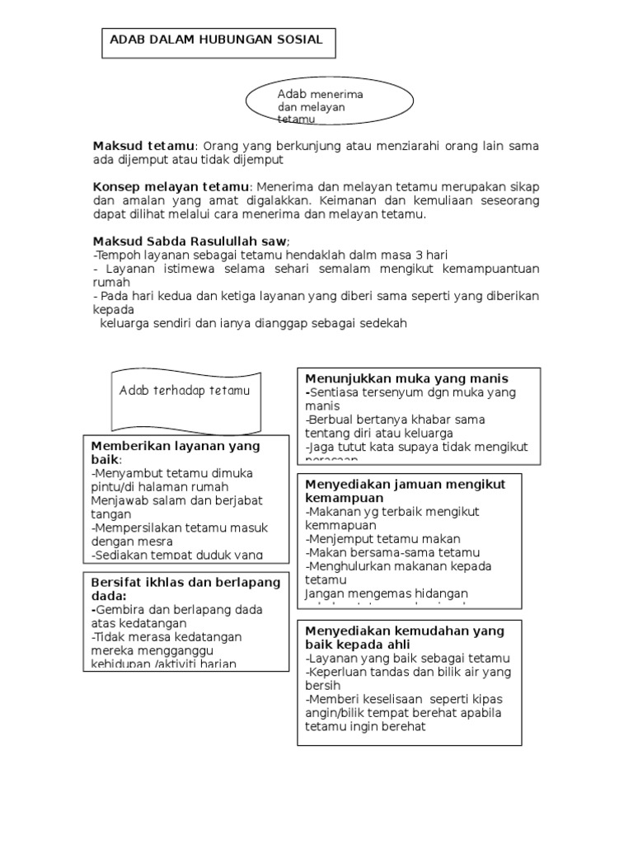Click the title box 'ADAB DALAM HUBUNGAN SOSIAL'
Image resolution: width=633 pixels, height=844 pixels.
tap(218, 40)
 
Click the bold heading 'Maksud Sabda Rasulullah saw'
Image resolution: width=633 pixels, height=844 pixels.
tap(190, 241)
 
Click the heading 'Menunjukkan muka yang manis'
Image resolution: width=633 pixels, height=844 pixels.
tap(407, 379)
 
